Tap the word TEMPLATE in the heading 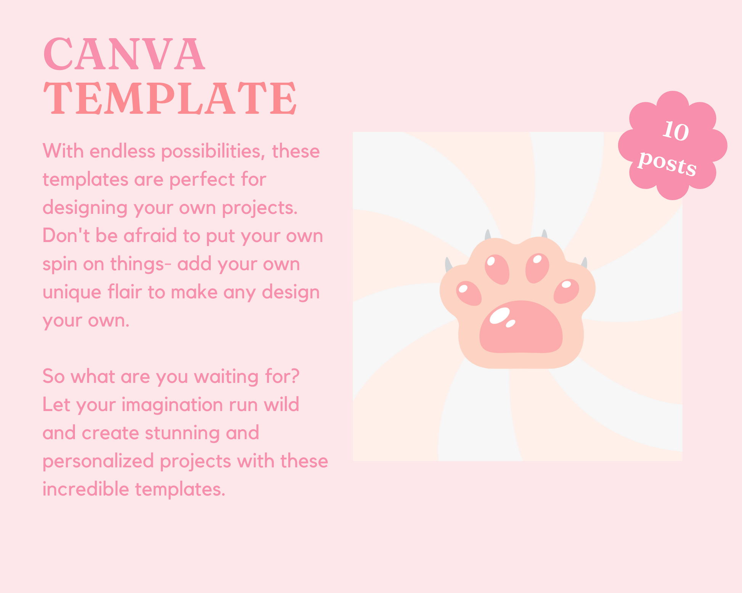170,98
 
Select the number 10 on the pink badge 675,131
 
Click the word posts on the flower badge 667,163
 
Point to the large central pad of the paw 521,327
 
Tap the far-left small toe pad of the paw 469,293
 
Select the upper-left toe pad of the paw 497,269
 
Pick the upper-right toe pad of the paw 537,268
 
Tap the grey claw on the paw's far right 584,263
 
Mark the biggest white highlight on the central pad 499,315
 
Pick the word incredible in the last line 86,489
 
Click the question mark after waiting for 295,376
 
